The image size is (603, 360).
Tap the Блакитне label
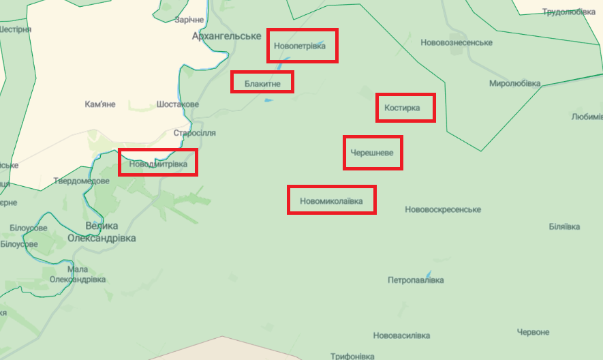[x=262, y=83]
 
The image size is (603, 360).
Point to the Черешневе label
[x=371, y=152]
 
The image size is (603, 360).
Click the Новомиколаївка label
[x=331, y=201]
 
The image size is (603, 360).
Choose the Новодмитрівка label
[x=157, y=163]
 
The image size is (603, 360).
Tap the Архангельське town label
[x=227, y=35]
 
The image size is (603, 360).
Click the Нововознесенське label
[x=457, y=43]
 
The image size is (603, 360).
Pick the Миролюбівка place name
[x=514, y=83]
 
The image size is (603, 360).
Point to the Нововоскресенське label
[x=443, y=209]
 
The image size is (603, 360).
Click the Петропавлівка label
[x=416, y=280]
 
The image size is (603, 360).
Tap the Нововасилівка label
[x=402, y=336]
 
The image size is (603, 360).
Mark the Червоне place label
[x=533, y=332]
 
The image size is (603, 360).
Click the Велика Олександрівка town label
[x=102, y=232]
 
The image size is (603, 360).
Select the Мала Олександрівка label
[x=78, y=274]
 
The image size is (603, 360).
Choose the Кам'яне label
[x=100, y=104]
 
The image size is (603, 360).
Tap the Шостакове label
[x=178, y=104]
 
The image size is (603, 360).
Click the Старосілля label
[x=195, y=132]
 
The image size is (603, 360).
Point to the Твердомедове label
[x=82, y=181]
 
